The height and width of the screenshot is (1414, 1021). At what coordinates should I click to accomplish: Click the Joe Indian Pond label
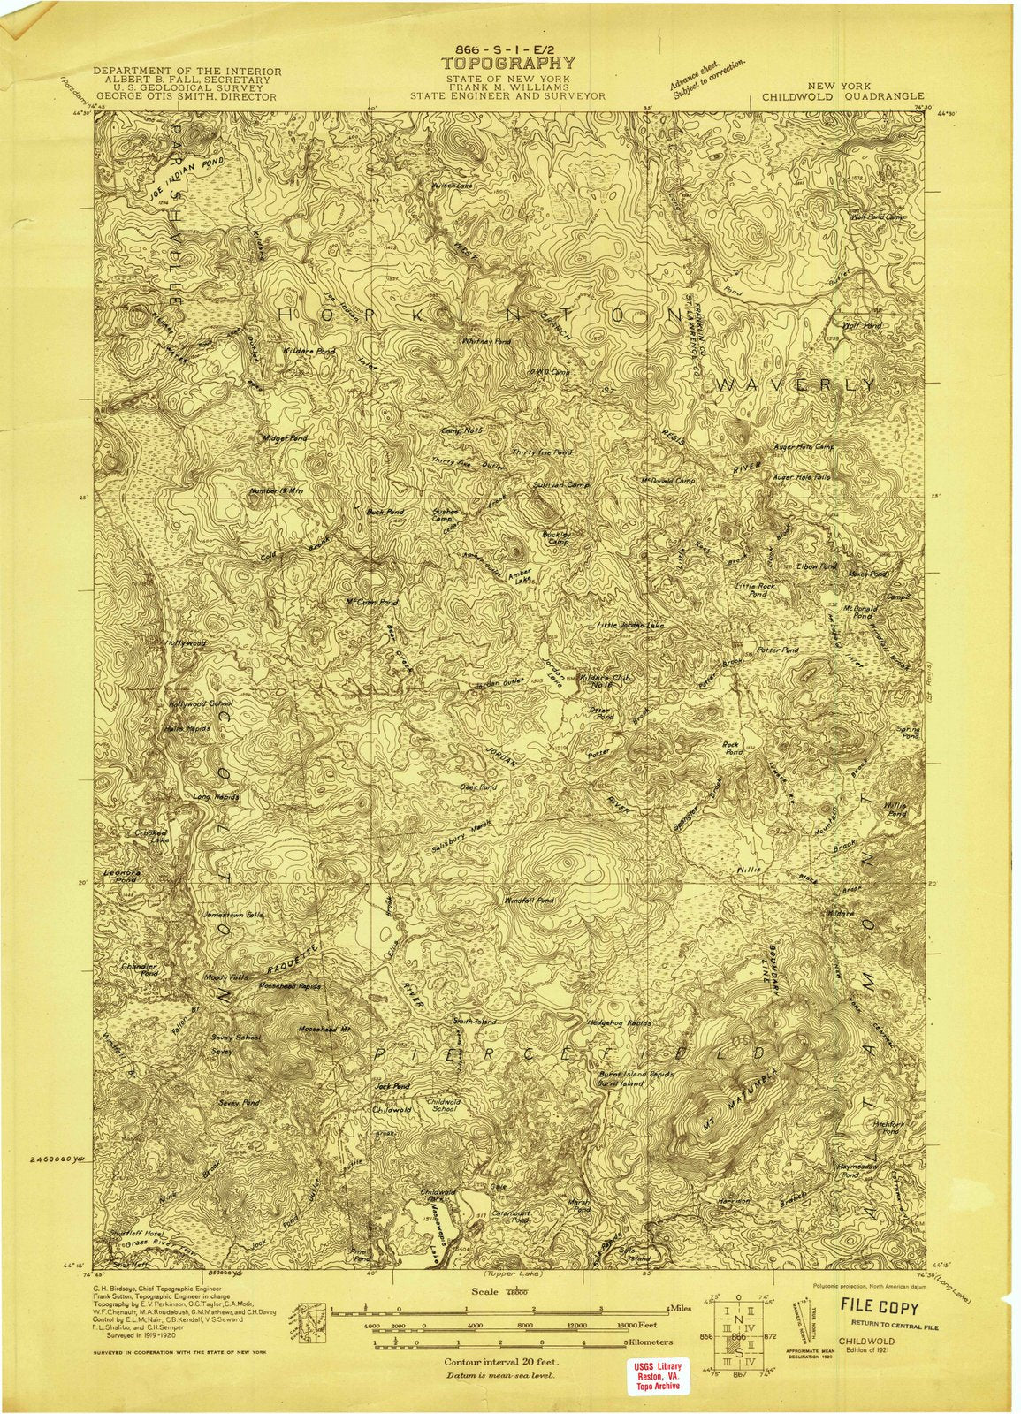[x=187, y=176]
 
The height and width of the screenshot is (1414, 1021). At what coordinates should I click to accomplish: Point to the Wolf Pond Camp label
[x=878, y=216]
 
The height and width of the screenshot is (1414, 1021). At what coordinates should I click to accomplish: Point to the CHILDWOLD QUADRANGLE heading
[x=835, y=96]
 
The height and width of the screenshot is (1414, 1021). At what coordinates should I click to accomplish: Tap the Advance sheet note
[x=707, y=77]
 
